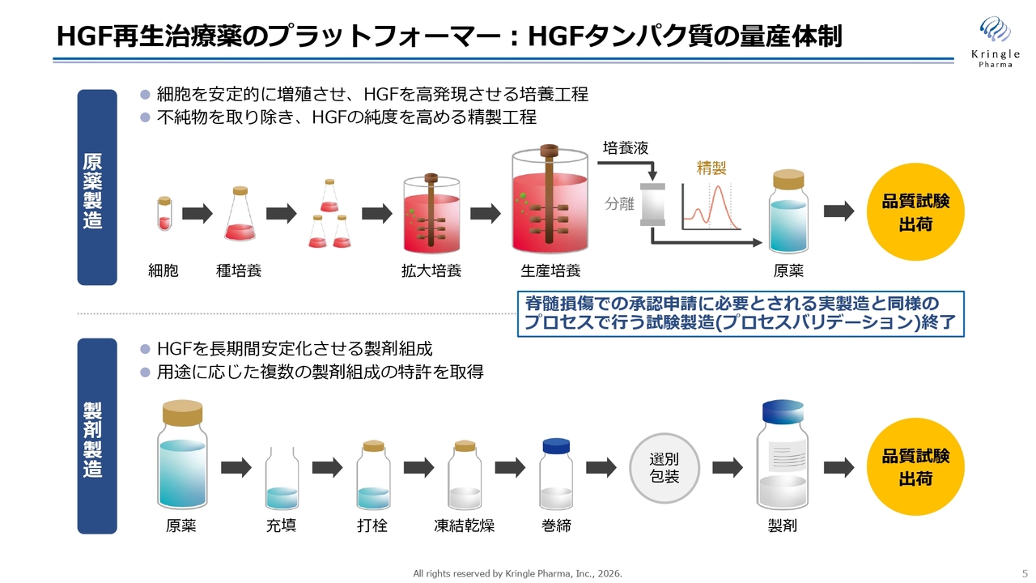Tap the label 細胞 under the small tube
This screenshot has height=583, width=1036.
(x=163, y=270)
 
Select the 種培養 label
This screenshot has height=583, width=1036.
(x=239, y=270)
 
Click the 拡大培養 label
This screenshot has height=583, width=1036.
(x=431, y=270)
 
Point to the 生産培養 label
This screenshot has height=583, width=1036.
(x=550, y=270)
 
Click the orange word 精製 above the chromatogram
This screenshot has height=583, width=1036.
(x=711, y=168)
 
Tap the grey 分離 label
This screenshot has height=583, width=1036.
(x=619, y=204)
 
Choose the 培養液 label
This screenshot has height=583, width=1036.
(x=626, y=148)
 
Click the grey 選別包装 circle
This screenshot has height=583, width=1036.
(x=664, y=467)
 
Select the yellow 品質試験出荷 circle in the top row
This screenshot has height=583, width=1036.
(x=915, y=212)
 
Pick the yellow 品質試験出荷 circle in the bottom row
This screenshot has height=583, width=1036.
(x=915, y=467)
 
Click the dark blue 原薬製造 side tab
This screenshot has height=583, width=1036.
(x=96, y=188)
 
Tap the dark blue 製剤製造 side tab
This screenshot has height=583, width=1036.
(x=96, y=437)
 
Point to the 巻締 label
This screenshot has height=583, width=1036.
(x=556, y=526)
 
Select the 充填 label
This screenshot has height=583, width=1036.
(x=281, y=526)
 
